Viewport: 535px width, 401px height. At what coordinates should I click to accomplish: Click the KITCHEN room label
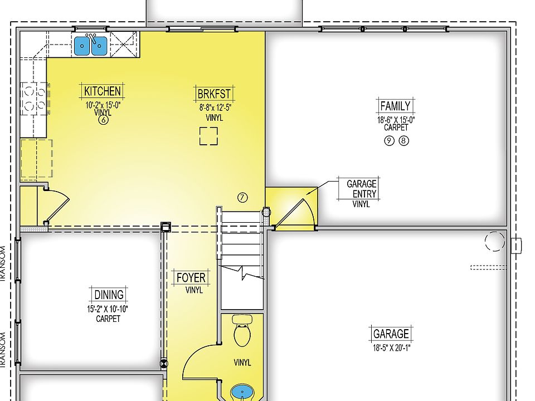[103, 91]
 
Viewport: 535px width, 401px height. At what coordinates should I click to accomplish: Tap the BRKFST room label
[214, 93]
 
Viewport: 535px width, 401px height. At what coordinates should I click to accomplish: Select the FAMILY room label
[395, 106]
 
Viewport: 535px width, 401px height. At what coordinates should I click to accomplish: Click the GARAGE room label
[391, 334]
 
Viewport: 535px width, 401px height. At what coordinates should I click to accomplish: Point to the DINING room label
[108, 295]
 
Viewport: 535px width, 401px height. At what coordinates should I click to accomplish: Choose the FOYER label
[191, 278]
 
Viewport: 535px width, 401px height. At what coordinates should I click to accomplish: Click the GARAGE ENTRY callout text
[361, 189]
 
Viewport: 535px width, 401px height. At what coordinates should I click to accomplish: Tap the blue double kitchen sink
[91, 45]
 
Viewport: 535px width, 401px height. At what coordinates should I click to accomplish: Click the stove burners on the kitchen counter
[33, 99]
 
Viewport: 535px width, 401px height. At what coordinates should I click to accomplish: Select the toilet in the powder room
[242, 332]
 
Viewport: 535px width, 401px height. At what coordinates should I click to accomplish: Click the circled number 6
[103, 119]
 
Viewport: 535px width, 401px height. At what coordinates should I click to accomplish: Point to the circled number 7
[242, 197]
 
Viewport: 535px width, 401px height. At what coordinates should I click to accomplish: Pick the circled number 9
[389, 141]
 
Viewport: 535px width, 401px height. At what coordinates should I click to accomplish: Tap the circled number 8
[403, 141]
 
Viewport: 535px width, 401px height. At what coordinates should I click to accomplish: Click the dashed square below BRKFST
[208, 136]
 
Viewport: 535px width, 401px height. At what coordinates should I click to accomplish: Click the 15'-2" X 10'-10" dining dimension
[108, 309]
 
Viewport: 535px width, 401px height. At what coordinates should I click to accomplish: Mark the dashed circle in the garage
[494, 241]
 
